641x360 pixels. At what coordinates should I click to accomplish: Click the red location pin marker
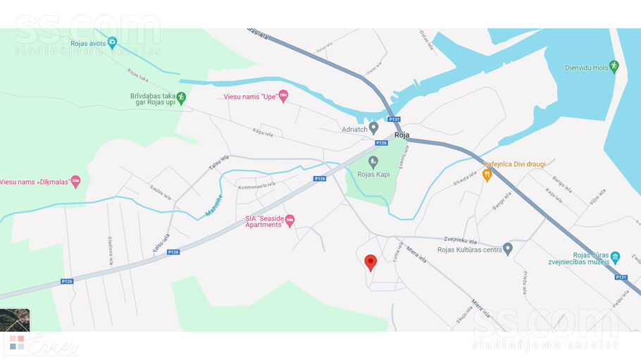[x=371, y=263]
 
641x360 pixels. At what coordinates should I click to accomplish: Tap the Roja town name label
[x=402, y=135]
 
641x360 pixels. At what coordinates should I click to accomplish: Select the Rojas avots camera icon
[x=112, y=43]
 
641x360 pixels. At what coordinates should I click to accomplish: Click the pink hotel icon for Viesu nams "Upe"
[x=283, y=96]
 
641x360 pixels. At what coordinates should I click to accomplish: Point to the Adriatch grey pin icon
[x=374, y=128]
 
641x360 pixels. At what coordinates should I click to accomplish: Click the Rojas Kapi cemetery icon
[x=373, y=162]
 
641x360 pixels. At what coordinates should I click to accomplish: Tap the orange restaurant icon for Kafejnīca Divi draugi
[x=487, y=175]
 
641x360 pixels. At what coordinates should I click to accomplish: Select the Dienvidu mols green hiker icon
[x=614, y=66]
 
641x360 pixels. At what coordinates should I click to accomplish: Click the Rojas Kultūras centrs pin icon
[x=508, y=249]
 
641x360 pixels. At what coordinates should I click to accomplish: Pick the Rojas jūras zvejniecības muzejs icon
[x=616, y=257]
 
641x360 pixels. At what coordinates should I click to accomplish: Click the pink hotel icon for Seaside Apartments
[x=290, y=222]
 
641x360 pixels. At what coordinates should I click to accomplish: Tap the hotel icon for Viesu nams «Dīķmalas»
[x=75, y=182]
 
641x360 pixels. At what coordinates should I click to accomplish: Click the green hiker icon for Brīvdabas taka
[x=181, y=98]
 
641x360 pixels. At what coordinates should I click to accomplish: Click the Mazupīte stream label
[x=213, y=205]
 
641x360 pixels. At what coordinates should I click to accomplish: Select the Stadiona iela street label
[x=111, y=252]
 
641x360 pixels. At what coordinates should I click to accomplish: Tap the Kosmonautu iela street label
[x=256, y=185]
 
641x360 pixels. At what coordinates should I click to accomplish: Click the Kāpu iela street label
[x=263, y=132]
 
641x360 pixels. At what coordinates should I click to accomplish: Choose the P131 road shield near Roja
[x=394, y=119]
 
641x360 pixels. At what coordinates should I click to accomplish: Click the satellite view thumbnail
[x=15, y=320]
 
